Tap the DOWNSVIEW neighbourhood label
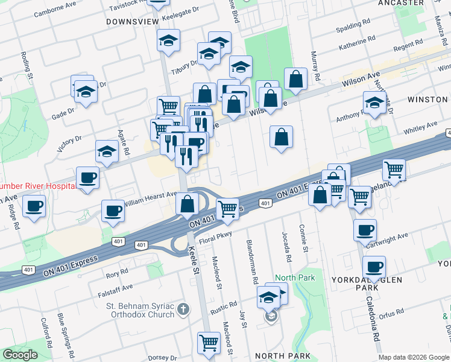tap(132, 22)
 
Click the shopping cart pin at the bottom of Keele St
tap(209, 341)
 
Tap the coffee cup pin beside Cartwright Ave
tap(365, 229)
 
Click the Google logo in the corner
tap(20, 355)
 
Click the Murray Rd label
tap(315, 67)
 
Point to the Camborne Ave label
tap(55, 10)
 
